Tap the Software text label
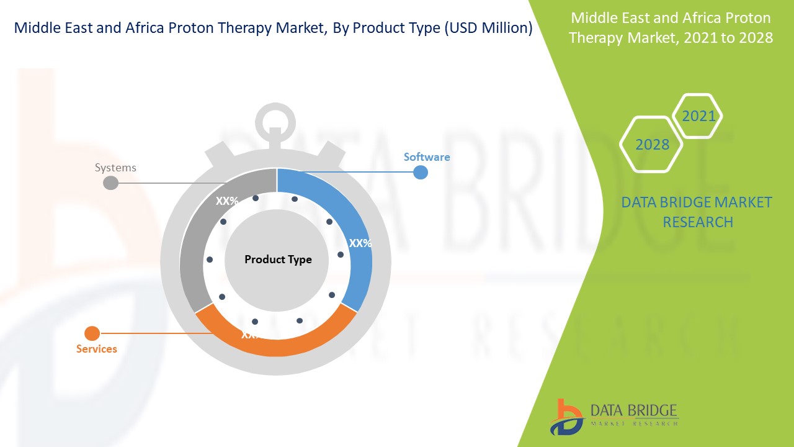coord(427,157)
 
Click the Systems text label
coord(115,168)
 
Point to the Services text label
coord(96,349)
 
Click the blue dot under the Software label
coord(421,172)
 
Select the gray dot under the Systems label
coord(110,183)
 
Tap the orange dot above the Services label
coord(92,333)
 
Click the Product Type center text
coord(278,260)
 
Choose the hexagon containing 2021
coord(698,116)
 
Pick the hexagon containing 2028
coord(651,145)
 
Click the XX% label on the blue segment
coord(360,243)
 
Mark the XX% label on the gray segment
coord(227,201)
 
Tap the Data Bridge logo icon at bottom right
coord(566,417)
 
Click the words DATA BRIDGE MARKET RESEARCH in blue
coord(697,212)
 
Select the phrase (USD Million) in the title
coord(489,28)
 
